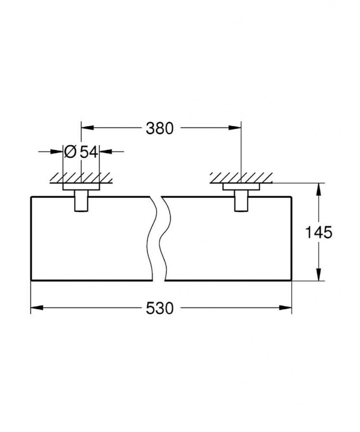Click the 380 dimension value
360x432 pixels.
pos(160,128)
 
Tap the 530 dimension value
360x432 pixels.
pos(160,308)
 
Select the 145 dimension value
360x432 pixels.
pos(319,232)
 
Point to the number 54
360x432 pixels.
pos(89,152)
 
